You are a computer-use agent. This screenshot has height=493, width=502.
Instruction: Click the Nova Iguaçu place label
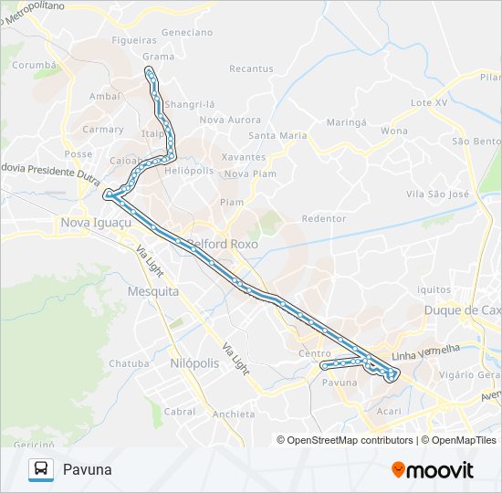(x=95, y=222)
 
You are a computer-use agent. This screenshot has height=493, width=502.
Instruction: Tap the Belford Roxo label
(x=224, y=244)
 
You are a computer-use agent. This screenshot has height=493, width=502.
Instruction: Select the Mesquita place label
(x=152, y=291)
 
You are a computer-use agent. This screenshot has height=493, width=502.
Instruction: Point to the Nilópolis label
(x=194, y=362)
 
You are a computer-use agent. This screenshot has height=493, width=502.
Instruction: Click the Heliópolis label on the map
(x=189, y=171)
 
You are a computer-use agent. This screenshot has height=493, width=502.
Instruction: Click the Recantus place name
(x=251, y=68)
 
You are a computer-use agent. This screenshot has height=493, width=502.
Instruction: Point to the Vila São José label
(x=437, y=194)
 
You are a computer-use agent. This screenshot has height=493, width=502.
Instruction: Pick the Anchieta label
(x=233, y=414)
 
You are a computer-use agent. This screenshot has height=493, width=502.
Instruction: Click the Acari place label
(x=388, y=412)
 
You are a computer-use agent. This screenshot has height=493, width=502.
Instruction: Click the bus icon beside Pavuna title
(x=40, y=469)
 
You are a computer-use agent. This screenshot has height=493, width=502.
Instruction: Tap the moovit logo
(x=433, y=469)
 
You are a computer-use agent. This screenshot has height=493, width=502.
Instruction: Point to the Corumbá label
(x=35, y=66)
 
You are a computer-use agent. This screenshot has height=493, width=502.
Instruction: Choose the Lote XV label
(x=429, y=102)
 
